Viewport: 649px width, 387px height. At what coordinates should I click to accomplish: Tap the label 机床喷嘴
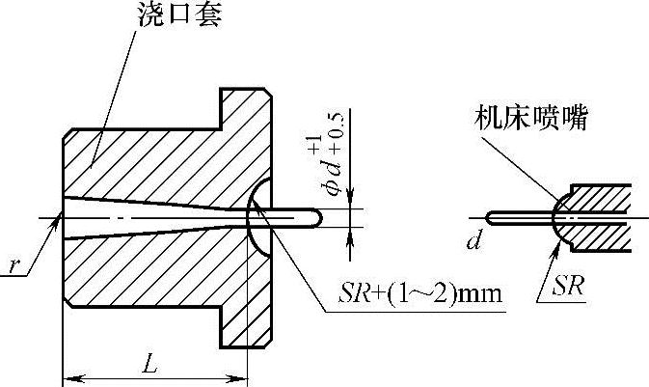pos(531,119)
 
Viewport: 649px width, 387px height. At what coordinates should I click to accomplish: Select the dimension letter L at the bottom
pos(149,365)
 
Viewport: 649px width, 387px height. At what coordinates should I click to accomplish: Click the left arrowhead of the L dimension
pos(69,377)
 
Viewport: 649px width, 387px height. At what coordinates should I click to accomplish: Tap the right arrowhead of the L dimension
pos(240,377)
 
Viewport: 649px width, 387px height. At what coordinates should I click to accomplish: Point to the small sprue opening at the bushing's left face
pos(65,215)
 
